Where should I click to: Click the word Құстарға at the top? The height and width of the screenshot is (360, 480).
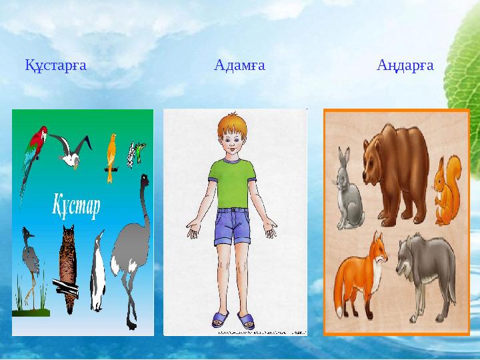tap(56, 65)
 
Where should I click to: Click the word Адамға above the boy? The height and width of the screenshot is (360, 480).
tap(239, 65)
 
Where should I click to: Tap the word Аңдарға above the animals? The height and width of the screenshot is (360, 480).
tap(405, 65)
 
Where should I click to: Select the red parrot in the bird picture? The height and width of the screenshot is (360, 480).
tap(33, 150)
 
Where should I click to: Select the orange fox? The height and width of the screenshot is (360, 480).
tap(360, 273)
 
